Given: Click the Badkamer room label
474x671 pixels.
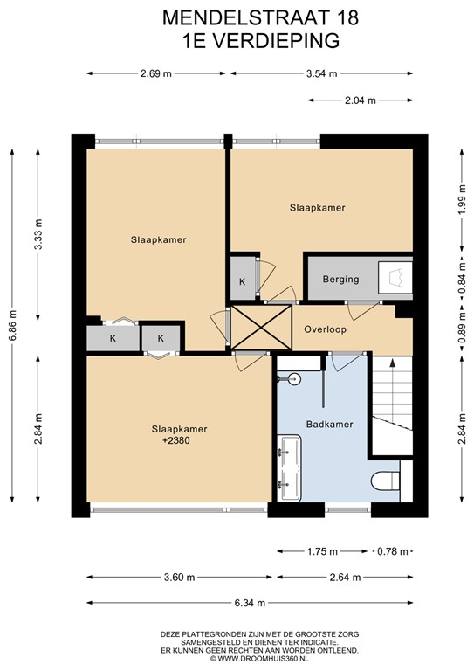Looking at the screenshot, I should pos(330,425).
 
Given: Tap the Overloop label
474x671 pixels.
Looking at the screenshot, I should pos(325,330).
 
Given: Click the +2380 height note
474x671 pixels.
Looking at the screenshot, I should pos(175,441).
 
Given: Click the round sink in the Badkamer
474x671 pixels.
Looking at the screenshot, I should pos(293,379).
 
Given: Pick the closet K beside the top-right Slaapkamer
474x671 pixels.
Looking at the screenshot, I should pos(242,281).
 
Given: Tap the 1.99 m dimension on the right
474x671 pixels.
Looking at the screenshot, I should pos(461,207).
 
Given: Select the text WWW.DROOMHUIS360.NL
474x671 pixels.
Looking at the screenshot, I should pos(263,658).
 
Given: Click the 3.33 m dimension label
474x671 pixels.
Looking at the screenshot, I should pos(38,233).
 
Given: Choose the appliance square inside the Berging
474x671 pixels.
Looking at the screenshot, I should pos(395,278).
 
